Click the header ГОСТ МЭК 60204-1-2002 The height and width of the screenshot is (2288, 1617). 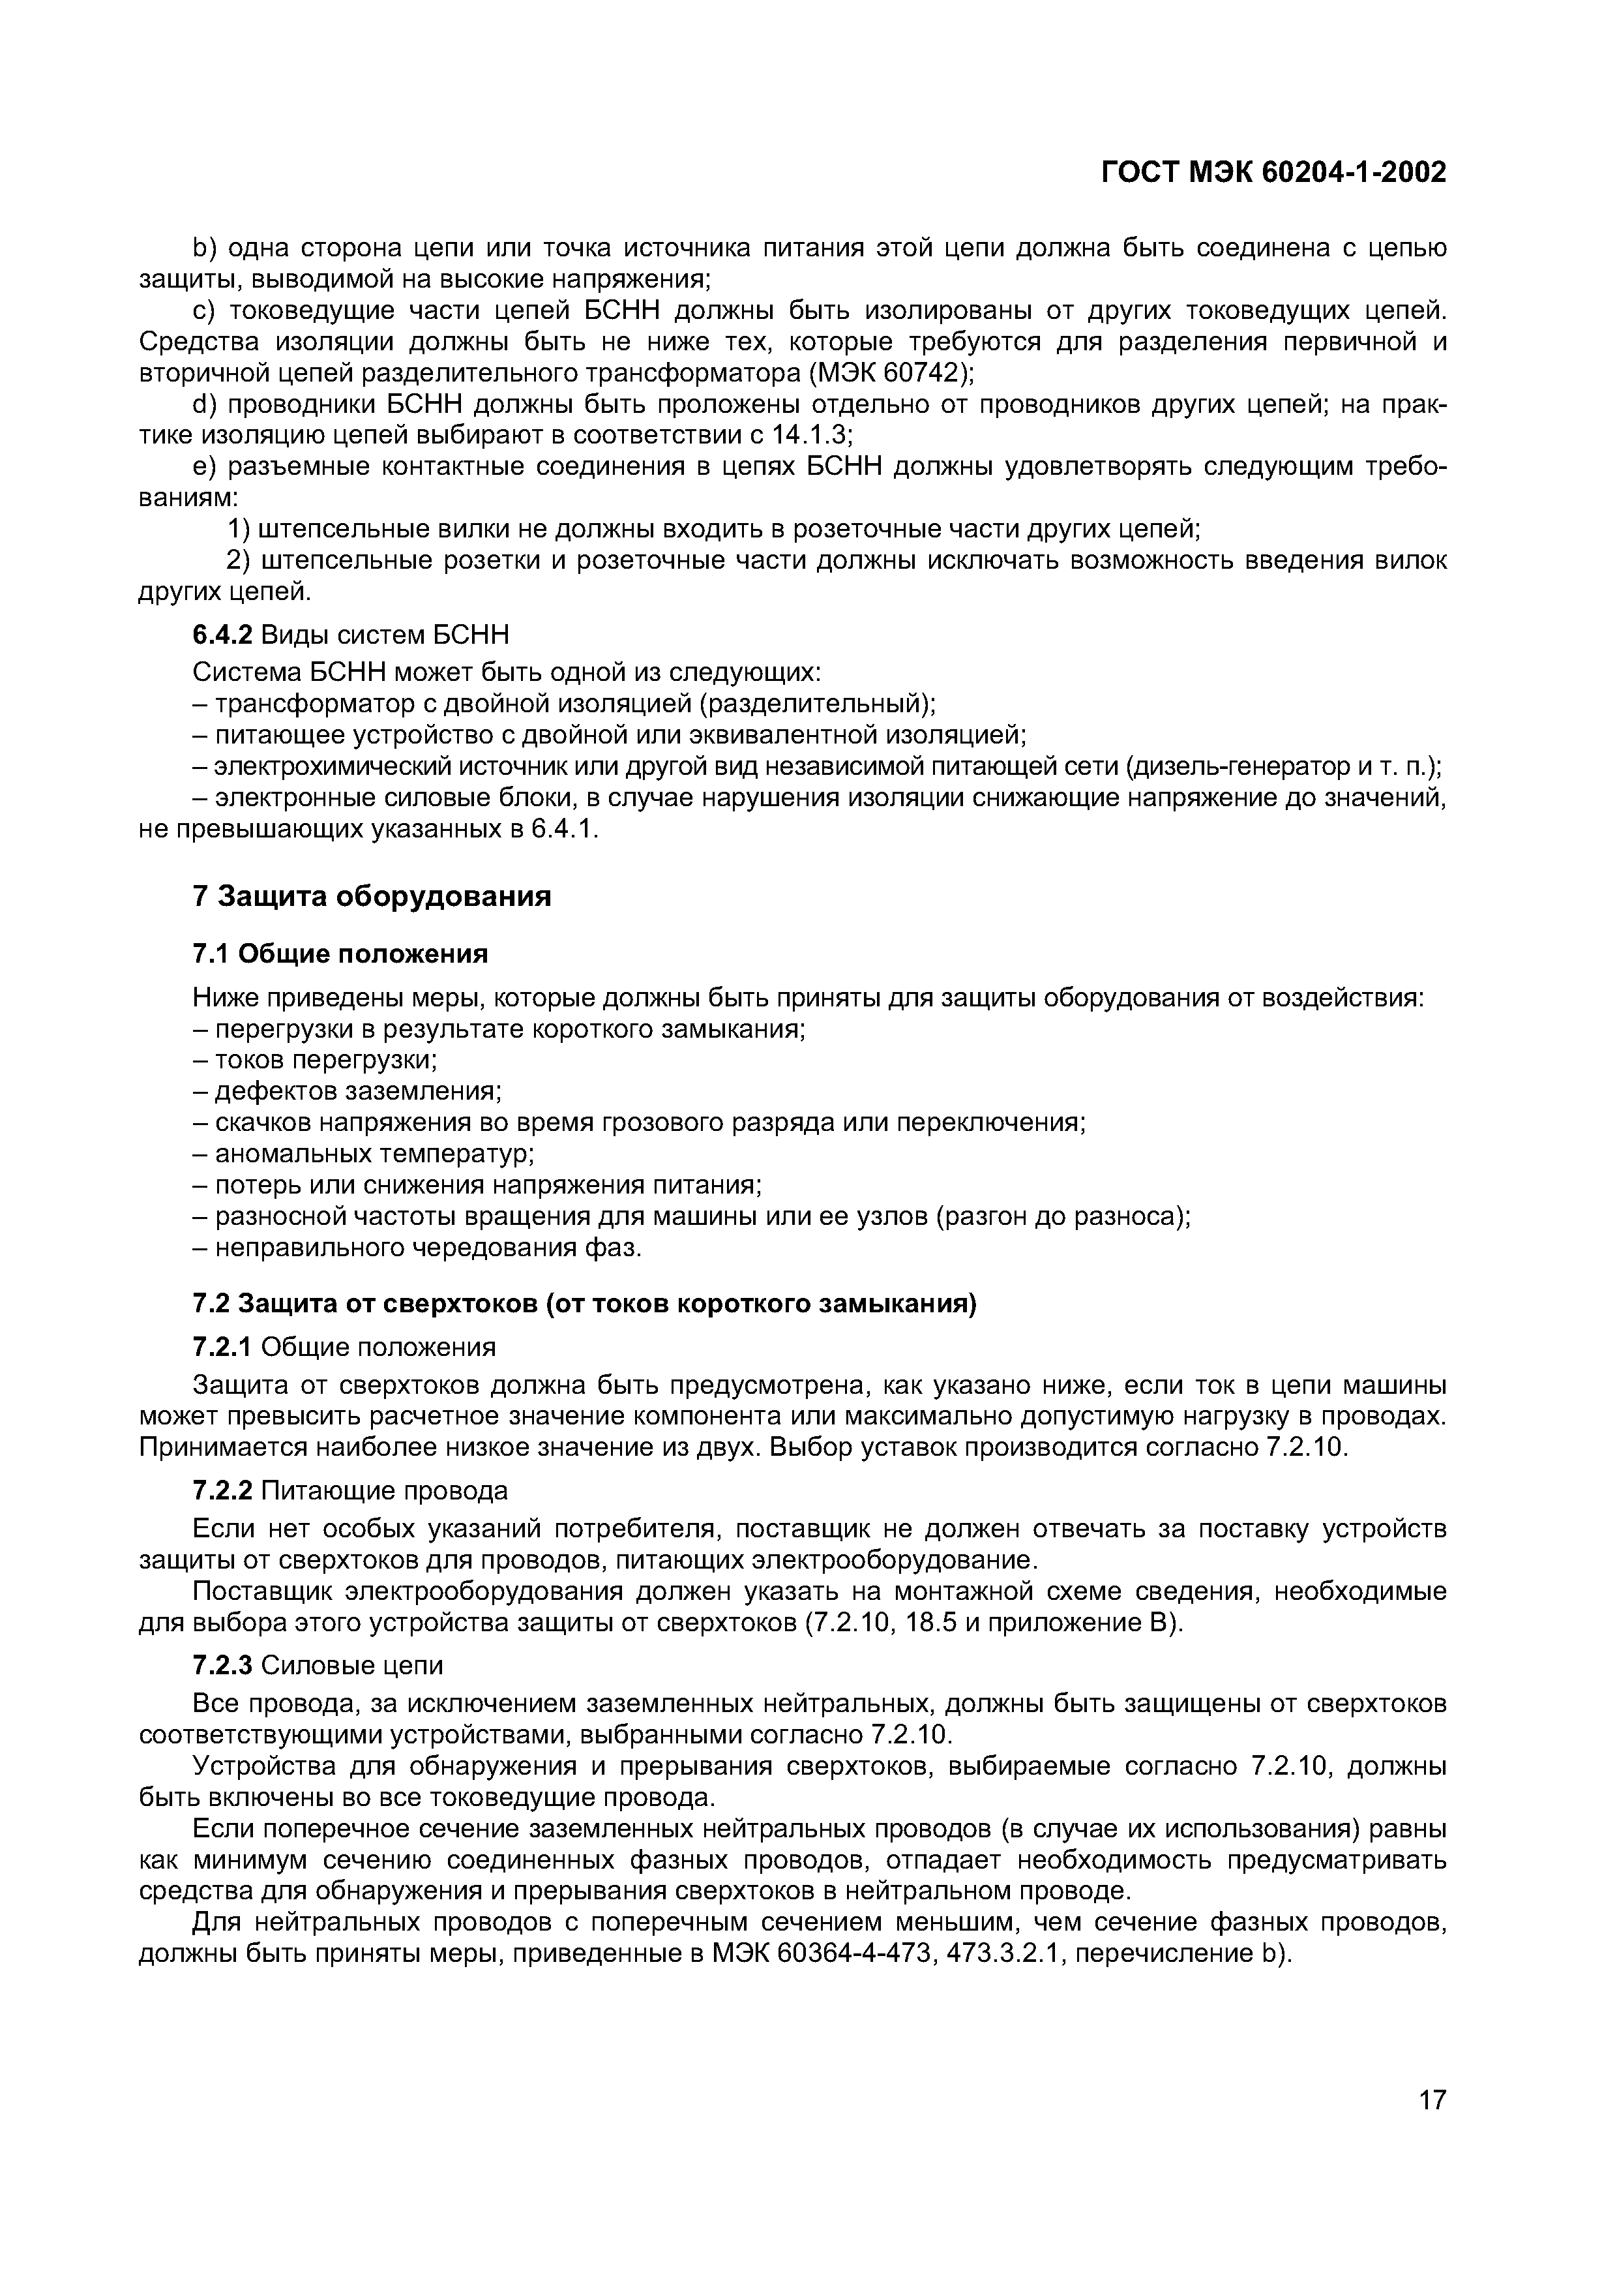[1273, 173]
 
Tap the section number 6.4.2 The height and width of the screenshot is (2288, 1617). [224, 634]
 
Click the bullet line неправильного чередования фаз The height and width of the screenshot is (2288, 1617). [428, 1248]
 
